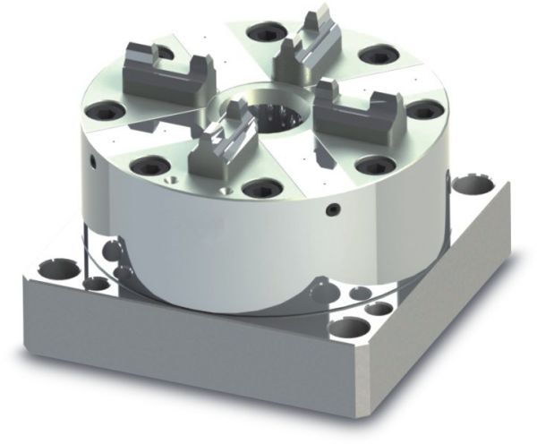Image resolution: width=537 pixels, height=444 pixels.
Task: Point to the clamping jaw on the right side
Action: (354, 107)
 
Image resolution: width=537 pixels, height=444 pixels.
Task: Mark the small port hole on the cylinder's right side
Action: (332, 209)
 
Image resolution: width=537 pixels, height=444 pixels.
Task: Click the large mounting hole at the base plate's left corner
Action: (60, 267)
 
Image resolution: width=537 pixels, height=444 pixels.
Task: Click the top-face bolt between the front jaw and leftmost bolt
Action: (143, 165)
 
